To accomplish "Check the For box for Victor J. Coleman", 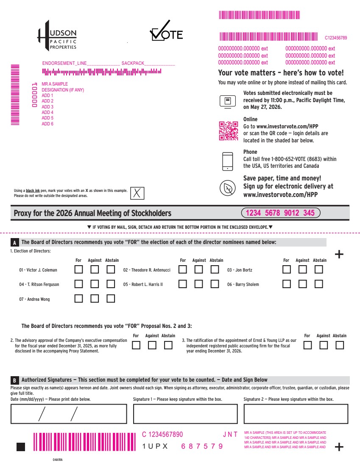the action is (x=78, y=269).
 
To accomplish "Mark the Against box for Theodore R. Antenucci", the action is (x=199, y=269).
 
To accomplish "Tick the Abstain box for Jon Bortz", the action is (x=318, y=269).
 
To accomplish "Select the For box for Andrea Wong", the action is (x=78, y=298).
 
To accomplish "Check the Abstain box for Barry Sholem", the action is (x=318, y=284).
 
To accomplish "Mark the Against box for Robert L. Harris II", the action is (x=199, y=284).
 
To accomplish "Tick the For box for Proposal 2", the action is (x=136, y=345).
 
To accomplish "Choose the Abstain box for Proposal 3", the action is (x=340, y=345).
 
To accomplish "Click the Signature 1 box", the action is (x=185, y=414).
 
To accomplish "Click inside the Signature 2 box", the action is (x=296, y=414).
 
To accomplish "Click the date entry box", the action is (x=69, y=414).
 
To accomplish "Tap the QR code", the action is (x=229, y=131).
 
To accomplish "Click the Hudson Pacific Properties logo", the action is (x=57, y=36).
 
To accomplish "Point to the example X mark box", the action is (x=137, y=193).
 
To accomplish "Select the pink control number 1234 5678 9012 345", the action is (x=280, y=213).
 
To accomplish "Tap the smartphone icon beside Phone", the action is (x=228, y=161).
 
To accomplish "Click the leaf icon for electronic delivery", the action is (x=228, y=188).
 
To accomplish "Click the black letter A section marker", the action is (x=14, y=242).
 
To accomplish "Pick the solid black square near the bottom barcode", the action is (x=21, y=447).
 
